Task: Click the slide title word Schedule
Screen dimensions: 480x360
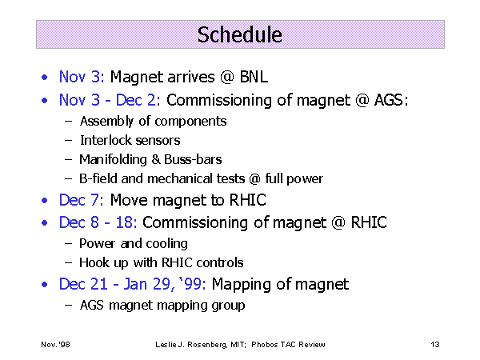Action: pos(240,34)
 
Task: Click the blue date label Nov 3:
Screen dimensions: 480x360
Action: pos(82,77)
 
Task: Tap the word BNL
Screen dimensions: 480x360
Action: pos(254,77)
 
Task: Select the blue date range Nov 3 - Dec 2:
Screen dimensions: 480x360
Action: pos(110,100)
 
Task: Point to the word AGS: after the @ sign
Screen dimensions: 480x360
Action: pos(391,100)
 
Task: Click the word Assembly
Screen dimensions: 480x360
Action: pos(106,122)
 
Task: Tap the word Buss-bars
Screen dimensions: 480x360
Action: pos(193,159)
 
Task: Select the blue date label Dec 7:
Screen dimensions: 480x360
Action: pos(81,200)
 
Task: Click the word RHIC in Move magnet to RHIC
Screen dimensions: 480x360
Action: pos(248,200)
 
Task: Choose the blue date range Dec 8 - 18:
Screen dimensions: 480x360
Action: pos(98,222)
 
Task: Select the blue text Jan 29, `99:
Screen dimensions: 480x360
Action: pos(165,284)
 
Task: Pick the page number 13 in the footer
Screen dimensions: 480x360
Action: pos(435,345)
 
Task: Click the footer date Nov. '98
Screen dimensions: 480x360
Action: pos(55,345)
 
